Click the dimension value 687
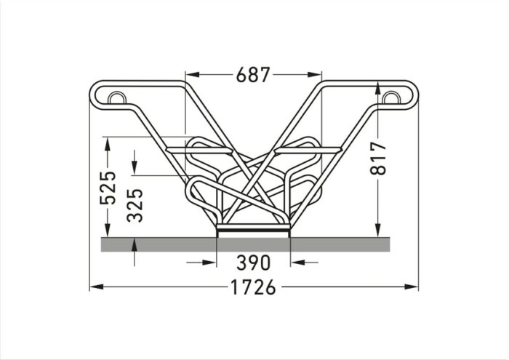coord(253,74)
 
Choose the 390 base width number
coord(253,263)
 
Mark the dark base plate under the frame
coord(253,230)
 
